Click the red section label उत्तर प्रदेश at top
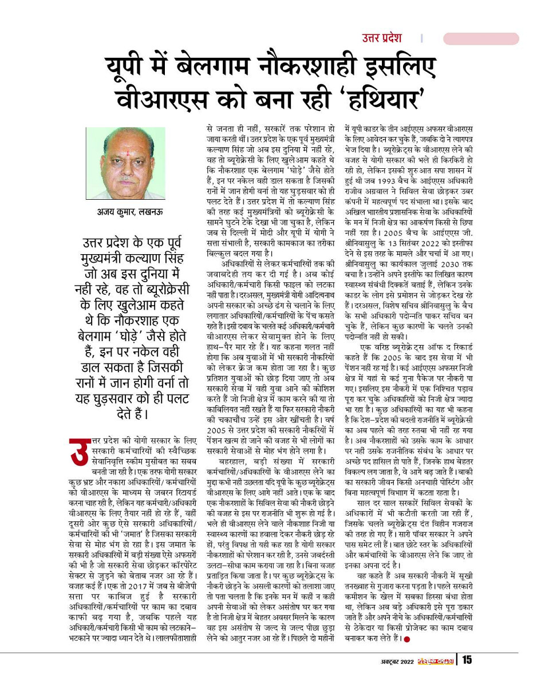(x=381, y=38)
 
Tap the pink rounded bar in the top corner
(x=481, y=39)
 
